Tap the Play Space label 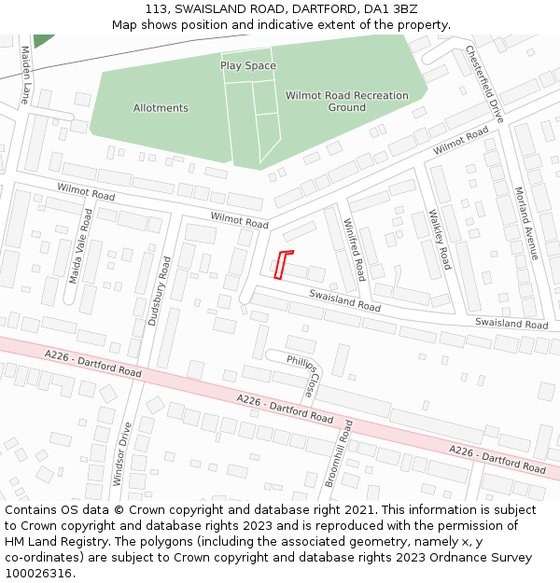(248, 66)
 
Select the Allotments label (161, 108)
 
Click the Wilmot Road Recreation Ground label (346, 101)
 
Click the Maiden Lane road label (25, 78)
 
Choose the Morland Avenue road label (526, 223)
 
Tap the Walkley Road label (440, 239)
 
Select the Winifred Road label (353, 249)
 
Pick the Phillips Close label (302, 374)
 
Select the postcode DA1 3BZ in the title (392, 8)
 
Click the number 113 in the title (155, 8)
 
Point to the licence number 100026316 (38, 574)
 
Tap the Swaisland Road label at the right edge (511, 324)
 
